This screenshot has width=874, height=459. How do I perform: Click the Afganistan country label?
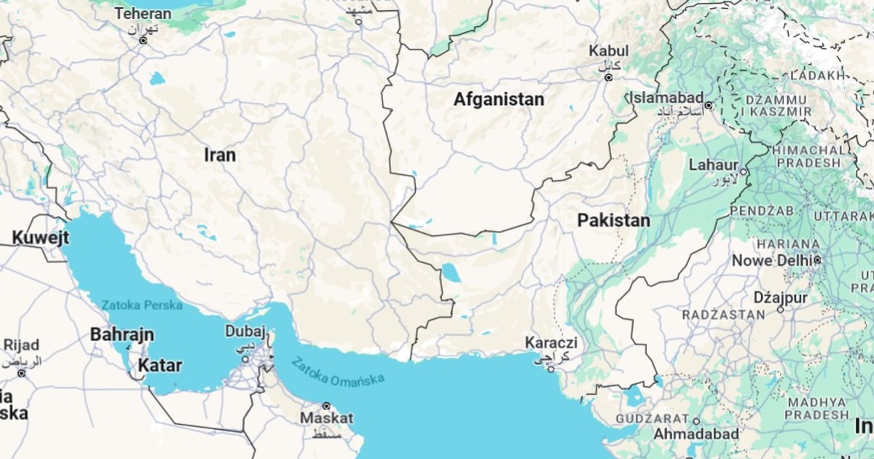499,99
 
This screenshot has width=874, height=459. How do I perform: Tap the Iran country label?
220,154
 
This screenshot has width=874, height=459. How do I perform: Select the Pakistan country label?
613,220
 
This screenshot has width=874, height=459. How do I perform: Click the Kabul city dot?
609,77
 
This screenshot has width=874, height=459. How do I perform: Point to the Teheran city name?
143,14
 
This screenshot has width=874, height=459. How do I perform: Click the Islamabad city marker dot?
708,106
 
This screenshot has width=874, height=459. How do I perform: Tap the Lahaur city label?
714,165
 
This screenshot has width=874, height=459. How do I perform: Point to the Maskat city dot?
326,406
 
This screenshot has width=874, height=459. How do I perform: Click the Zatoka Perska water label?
142,305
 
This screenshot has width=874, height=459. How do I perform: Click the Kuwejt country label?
41,238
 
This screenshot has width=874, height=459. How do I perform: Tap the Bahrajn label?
122,335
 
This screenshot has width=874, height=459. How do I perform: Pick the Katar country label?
161,365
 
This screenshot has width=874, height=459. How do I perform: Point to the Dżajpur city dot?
780,309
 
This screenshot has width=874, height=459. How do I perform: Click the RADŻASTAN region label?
723,315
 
